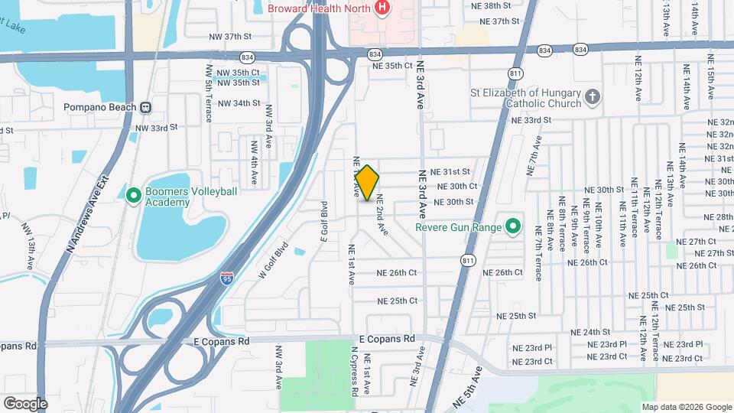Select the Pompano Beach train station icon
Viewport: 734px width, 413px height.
tap(145, 108)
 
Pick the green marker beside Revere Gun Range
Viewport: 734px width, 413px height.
tap(513, 227)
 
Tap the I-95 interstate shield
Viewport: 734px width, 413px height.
tap(227, 278)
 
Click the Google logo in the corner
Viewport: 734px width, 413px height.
tap(25, 403)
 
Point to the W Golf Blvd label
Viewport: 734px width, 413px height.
tap(273, 260)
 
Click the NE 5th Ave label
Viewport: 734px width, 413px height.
tap(468, 386)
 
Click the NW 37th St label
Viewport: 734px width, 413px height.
tap(230, 37)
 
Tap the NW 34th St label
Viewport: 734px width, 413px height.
tap(239, 102)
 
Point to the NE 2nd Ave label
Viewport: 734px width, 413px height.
tap(382, 216)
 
